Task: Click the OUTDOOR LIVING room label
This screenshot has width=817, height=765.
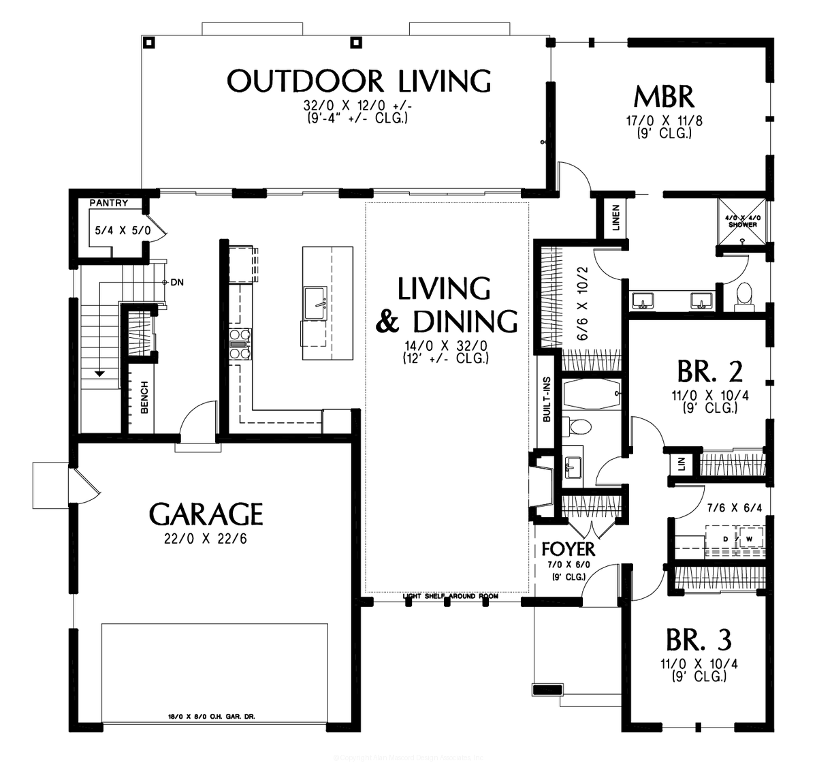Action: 359,81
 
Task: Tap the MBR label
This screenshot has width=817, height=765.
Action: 664,97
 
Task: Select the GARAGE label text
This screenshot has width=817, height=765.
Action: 206,514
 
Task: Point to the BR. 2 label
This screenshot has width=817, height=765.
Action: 709,372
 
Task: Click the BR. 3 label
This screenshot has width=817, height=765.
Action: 699,640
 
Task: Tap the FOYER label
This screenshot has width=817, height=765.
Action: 568,549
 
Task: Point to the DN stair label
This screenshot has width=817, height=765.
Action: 176,281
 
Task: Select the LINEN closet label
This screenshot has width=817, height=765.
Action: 615,218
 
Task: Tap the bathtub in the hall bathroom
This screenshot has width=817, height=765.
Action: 591,394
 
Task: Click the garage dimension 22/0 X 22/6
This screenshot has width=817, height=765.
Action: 206,538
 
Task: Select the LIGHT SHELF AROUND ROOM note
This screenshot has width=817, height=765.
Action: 450,596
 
